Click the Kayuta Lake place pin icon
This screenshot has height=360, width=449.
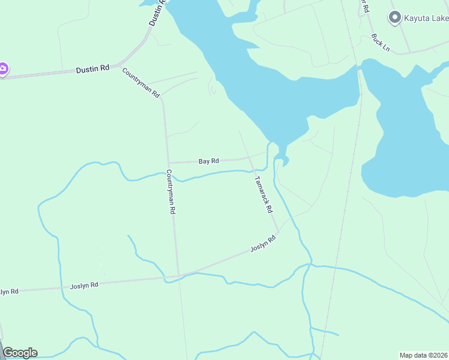click(394, 18)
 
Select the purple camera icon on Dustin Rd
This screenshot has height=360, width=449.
click(2, 70)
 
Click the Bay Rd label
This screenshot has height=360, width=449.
click(209, 161)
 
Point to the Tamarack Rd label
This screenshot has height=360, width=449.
click(264, 194)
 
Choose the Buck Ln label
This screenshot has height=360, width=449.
click(381, 42)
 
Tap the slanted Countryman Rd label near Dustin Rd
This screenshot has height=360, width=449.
click(141, 83)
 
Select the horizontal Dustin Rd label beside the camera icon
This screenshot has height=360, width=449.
click(92, 69)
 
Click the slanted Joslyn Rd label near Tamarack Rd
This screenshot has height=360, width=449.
click(263, 244)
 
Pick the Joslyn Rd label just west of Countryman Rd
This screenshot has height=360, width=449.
click(84, 286)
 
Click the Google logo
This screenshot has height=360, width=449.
click(20, 353)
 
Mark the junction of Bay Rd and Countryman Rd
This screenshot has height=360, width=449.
click(168, 163)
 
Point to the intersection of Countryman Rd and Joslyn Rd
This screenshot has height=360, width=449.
click(178, 277)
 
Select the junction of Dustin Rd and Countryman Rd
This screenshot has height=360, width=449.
click(121, 64)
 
